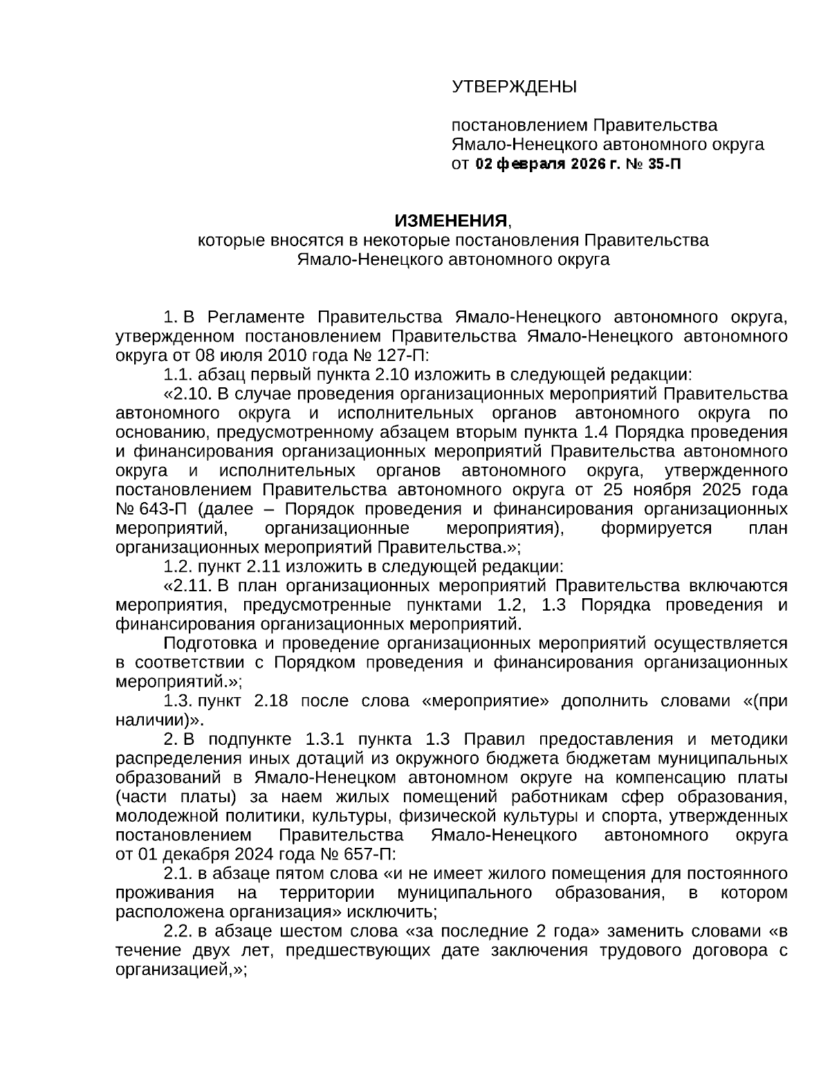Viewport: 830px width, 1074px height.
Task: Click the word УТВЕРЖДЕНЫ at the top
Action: tap(514, 87)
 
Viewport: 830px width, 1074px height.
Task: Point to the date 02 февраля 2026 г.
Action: tap(547, 164)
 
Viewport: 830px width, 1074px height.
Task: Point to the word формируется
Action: tap(656, 528)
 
